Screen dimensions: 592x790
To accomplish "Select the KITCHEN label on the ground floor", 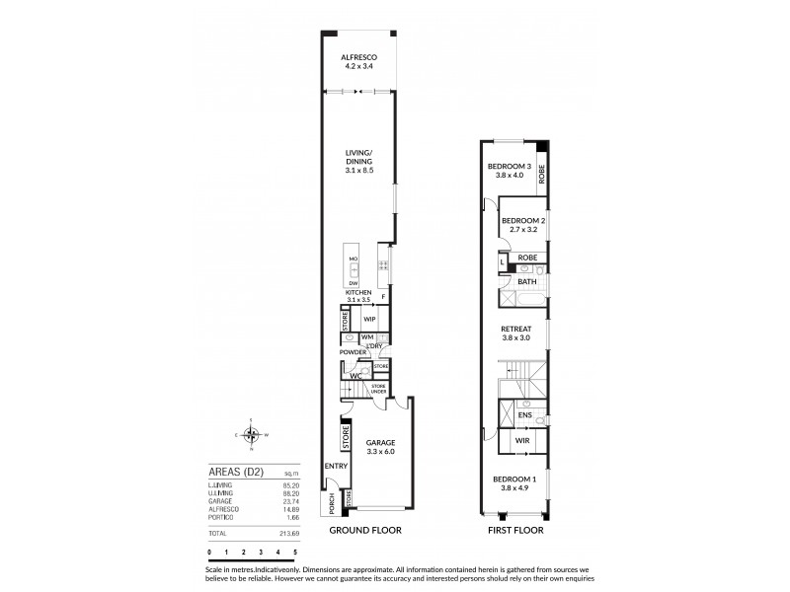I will tap(357, 293).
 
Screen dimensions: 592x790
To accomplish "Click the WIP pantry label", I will tap(368, 320).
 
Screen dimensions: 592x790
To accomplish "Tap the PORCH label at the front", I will tap(331, 504).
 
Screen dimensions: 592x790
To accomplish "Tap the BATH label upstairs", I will tap(527, 282).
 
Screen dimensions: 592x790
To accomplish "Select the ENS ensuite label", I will tap(526, 415).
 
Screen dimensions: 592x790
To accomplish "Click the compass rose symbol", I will tap(252, 434).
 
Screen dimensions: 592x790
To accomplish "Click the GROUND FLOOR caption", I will tap(366, 530).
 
